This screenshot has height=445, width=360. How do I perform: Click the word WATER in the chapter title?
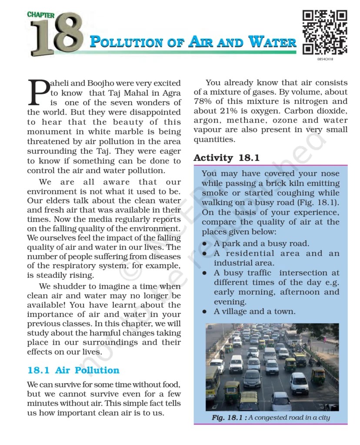coord(273,43)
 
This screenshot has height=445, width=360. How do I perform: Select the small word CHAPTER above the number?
coord(41,15)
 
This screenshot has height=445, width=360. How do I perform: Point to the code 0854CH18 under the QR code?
coord(325,59)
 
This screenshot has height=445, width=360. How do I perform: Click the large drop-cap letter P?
coord(37,92)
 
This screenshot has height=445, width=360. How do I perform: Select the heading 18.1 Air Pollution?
coord(73,370)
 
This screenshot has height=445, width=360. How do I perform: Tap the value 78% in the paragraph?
coord(203,102)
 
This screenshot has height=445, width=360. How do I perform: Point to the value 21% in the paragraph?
coord(236,111)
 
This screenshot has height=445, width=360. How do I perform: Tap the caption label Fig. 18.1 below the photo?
coord(229,418)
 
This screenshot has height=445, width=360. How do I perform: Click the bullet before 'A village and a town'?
coord(204,312)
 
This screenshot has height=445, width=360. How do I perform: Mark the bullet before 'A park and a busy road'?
coord(204,244)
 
